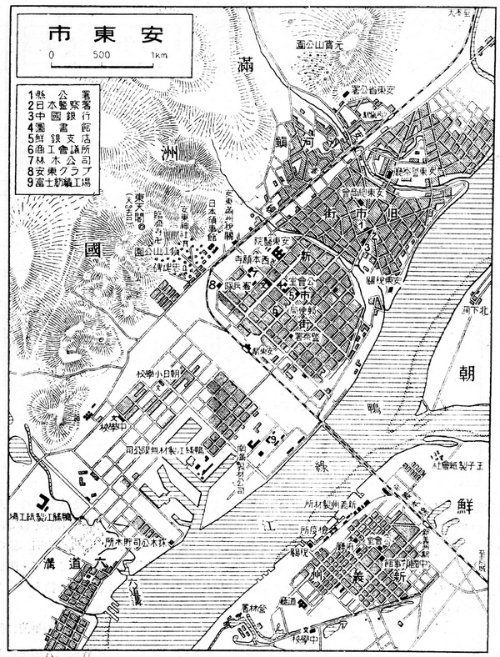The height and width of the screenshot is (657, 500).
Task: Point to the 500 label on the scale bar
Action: [x=102, y=55]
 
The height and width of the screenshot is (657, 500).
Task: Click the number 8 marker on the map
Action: [x=213, y=286]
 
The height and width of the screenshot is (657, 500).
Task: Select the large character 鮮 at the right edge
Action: [x=463, y=508]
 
